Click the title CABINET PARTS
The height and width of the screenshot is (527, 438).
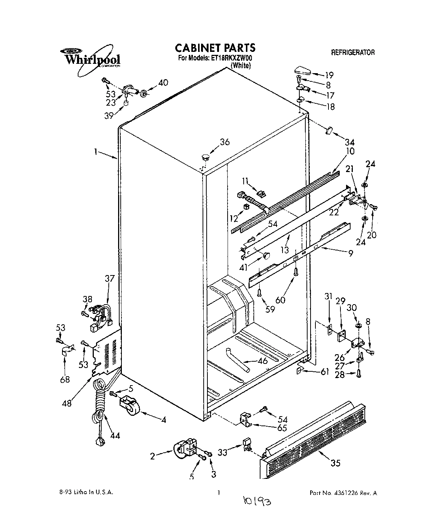215,48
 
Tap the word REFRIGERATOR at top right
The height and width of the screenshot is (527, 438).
353,53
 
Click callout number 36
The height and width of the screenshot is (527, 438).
225,142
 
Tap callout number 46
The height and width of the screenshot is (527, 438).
263,361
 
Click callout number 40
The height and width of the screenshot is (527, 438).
163,83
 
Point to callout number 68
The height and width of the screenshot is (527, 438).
65,380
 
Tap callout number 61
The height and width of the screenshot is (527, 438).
325,371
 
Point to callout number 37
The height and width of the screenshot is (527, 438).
110,278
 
